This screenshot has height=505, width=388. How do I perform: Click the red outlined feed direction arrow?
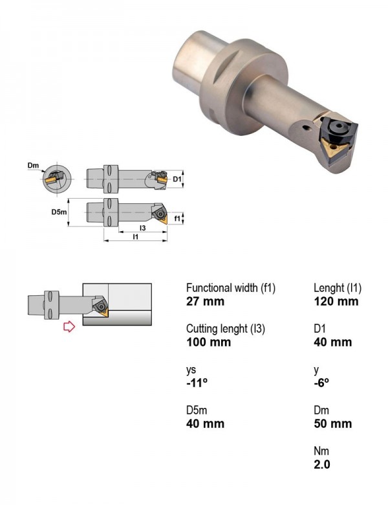coord(69,326)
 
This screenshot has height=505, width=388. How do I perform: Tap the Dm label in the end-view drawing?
coord(33,166)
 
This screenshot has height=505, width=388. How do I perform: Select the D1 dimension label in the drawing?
coord(177,179)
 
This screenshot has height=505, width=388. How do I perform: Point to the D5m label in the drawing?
coord(59,212)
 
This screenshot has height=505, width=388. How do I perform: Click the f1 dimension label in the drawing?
coord(177,218)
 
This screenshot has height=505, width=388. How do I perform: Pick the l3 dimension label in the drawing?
coord(142,228)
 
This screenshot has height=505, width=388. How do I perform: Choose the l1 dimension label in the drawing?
coord(135,237)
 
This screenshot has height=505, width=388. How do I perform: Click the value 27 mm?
coord(205,302)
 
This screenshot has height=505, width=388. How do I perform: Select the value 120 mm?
coord(336,302)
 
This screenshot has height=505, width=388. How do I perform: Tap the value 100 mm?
coord(208,342)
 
